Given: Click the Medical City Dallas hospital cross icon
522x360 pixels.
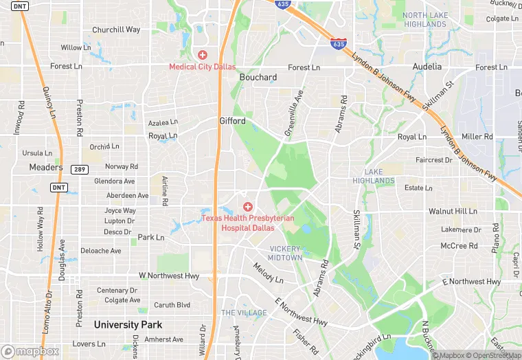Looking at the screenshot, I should [x=203, y=54].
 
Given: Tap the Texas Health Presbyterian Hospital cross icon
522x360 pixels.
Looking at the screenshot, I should [x=248, y=206].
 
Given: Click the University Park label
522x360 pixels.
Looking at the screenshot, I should [x=128, y=324].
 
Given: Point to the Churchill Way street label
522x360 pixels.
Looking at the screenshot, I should [x=116, y=30].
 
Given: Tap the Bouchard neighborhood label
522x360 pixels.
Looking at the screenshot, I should [x=258, y=78].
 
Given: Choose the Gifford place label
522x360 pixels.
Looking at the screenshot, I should [x=232, y=121].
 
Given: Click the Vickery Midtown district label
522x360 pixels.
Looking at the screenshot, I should [x=285, y=253].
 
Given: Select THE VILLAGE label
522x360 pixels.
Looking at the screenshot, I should [x=244, y=313].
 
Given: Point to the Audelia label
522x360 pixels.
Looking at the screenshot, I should [x=427, y=67].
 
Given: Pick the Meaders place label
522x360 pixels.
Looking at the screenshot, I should [x=46, y=167].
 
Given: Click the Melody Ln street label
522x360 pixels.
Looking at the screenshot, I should [x=268, y=273].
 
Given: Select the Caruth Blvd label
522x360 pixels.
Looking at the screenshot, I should [x=172, y=305].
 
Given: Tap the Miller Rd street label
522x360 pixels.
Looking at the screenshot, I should [x=477, y=137].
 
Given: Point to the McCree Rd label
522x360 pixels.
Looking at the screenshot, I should [x=459, y=245].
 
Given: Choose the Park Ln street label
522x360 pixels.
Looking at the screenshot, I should [x=151, y=237].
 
